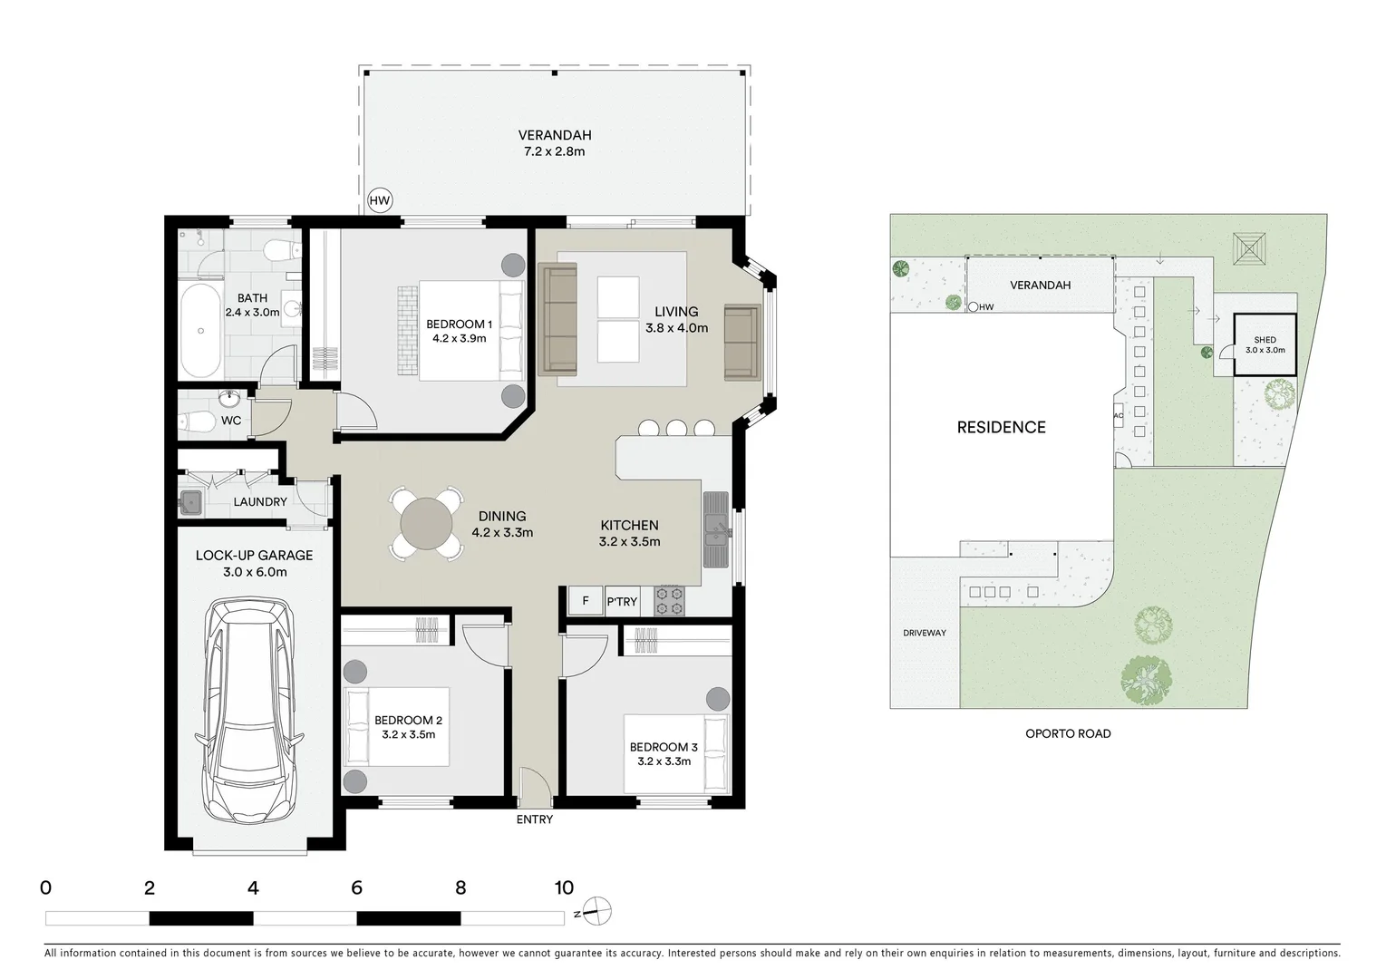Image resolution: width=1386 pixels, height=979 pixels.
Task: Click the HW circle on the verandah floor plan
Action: point(380,201)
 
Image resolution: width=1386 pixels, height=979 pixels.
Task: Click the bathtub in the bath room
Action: point(200,332)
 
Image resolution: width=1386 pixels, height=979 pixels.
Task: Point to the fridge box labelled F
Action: point(585,601)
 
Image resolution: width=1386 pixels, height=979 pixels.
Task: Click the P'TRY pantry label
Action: point(622,602)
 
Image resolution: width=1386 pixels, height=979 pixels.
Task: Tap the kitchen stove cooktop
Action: point(672,601)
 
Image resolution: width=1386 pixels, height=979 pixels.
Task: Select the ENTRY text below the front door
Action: point(534,819)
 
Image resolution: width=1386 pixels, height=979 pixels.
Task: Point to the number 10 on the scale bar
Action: point(563,888)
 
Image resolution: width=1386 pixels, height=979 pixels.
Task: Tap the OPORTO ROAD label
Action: point(1068,733)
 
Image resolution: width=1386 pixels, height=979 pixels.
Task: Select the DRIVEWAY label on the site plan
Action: point(924,633)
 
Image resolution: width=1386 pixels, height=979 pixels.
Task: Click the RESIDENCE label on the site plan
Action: point(1001,427)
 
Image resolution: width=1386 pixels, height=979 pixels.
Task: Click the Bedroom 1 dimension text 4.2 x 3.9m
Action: point(459,339)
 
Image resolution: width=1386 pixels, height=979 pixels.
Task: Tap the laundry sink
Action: point(191,501)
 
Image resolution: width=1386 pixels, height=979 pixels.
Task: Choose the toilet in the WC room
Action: point(193,422)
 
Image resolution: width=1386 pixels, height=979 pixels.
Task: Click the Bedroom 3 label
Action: point(664,747)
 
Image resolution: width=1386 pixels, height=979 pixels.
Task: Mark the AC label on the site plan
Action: point(1118,415)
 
